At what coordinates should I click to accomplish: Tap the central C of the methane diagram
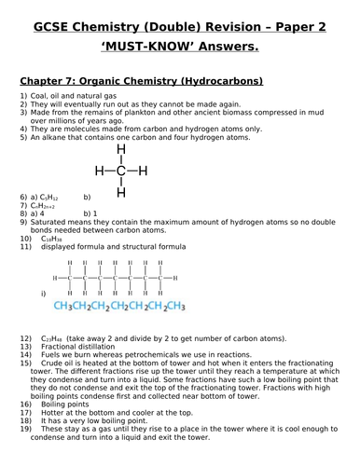[120, 170]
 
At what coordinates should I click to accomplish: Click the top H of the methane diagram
[120, 149]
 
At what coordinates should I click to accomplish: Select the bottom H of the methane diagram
[120, 192]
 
